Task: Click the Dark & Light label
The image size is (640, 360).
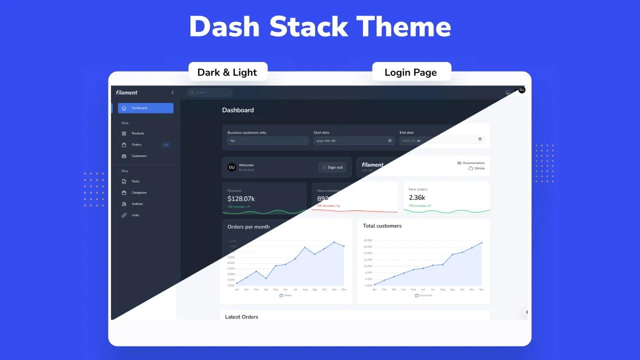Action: (227, 72)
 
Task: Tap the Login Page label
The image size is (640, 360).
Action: (411, 72)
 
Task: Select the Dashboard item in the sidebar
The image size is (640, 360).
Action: (145, 108)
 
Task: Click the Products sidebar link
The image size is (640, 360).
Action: (137, 133)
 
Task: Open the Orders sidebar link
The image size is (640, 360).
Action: (136, 145)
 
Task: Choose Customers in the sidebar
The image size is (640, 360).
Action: (139, 156)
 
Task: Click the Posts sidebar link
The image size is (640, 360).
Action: (135, 181)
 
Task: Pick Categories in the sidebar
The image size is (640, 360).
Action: (139, 192)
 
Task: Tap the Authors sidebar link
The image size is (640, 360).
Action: (137, 204)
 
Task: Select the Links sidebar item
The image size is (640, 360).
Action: (135, 215)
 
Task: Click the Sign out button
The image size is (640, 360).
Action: (332, 167)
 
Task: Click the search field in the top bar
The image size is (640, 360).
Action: (210, 92)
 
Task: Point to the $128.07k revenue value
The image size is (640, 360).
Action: (241, 198)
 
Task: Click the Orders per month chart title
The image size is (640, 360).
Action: (248, 227)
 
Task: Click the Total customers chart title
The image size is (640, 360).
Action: (382, 226)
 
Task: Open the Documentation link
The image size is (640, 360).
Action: (473, 163)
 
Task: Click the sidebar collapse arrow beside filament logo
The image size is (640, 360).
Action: (172, 92)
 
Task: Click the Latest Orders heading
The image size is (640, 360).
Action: (241, 317)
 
